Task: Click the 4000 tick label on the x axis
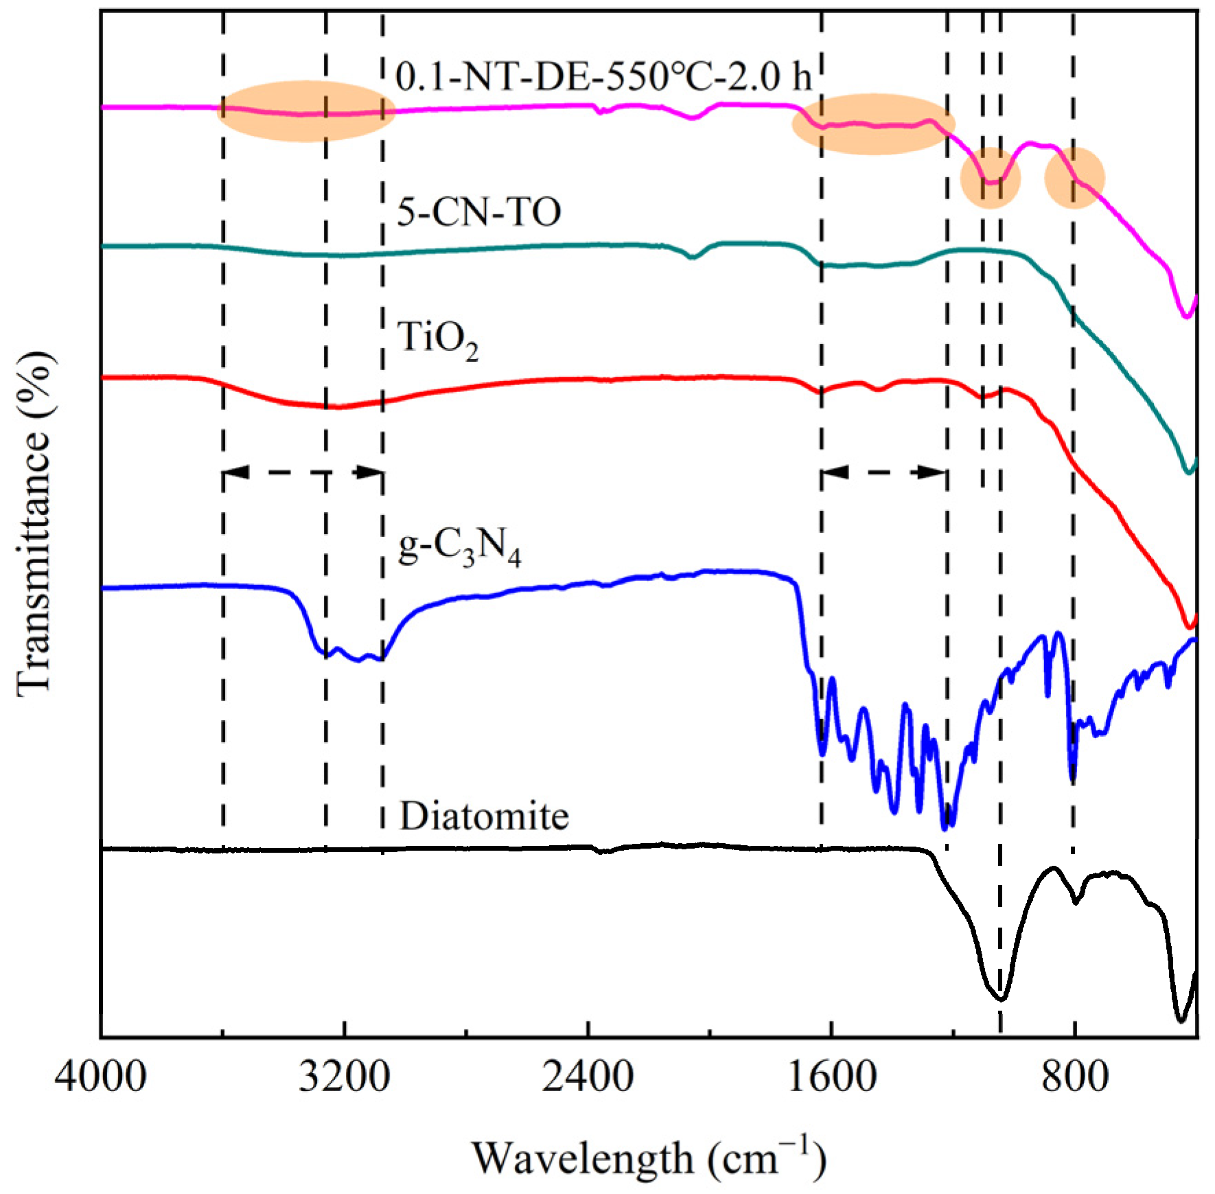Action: pos(100,1076)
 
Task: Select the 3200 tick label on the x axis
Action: pos(344,1076)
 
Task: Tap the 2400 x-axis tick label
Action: pos(588,1076)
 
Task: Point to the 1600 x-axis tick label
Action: pos(831,1076)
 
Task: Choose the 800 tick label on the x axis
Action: pos(1074,1076)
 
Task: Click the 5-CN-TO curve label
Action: pos(479,211)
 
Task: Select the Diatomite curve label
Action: pos(484,816)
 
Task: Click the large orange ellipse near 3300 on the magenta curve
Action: pos(305,111)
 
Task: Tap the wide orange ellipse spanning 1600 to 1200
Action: pos(873,124)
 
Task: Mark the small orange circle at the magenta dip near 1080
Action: pos(991,178)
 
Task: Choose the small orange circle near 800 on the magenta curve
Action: pos(1074,178)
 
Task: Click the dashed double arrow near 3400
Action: pos(303,472)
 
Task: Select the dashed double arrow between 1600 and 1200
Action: pos(884,472)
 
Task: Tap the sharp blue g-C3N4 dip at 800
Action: pos(1073,779)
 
